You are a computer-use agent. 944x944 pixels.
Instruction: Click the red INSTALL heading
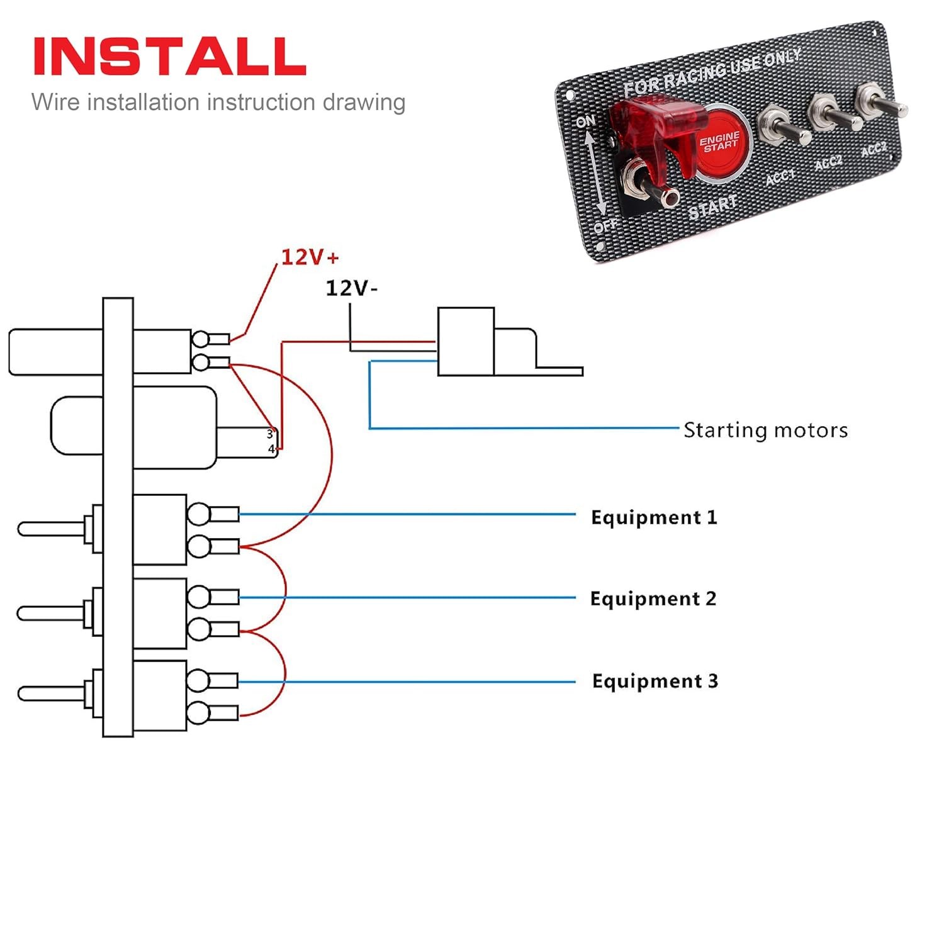pyautogui.click(x=169, y=56)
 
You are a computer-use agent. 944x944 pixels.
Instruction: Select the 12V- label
pyautogui.click(x=351, y=288)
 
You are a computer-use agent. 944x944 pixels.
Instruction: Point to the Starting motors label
pyautogui.click(x=765, y=430)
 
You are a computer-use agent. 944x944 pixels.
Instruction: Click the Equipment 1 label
pyautogui.click(x=654, y=517)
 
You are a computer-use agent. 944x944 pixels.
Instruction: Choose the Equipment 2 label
pyautogui.click(x=653, y=598)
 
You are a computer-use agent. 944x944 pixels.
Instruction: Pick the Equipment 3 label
pyautogui.click(x=655, y=681)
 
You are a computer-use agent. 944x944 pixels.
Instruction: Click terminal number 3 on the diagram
pyautogui.click(x=270, y=434)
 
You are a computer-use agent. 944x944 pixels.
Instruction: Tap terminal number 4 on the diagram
pyautogui.click(x=271, y=449)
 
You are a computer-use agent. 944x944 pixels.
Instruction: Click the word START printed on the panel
pyautogui.click(x=712, y=207)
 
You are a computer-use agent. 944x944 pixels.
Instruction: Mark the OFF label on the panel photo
pyautogui.click(x=605, y=225)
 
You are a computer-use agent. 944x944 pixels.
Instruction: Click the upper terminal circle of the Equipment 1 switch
pyautogui.click(x=199, y=514)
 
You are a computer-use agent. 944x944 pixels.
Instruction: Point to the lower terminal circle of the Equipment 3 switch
pyautogui.click(x=198, y=713)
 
